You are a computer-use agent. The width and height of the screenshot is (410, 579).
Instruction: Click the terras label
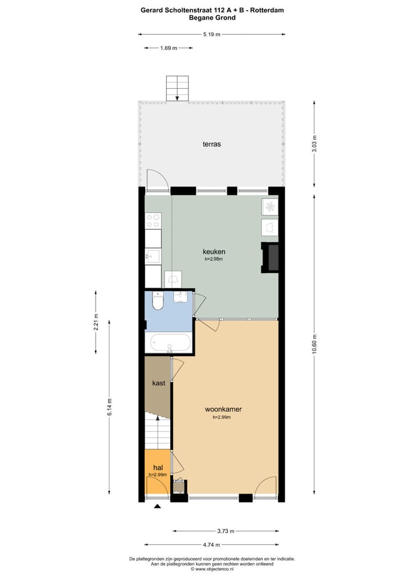pos(212,144)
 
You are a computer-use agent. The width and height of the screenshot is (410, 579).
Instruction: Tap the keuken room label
pos(214,251)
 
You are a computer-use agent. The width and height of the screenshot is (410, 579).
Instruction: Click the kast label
pos(158,383)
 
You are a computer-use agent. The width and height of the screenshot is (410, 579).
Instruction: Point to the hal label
pos(158,468)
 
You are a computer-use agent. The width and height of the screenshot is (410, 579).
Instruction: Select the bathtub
pos(170,343)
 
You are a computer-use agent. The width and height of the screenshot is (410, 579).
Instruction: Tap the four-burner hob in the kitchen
pos(153,220)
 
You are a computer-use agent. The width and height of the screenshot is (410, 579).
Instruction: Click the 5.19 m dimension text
pos(212,34)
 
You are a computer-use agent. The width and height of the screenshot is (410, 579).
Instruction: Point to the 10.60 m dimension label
pos(314,344)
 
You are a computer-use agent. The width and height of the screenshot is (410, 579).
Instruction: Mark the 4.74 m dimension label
pos(212,544)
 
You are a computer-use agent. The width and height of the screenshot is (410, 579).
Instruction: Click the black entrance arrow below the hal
pos(158,506)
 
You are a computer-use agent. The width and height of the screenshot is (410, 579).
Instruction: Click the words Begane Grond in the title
pos(212,18)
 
